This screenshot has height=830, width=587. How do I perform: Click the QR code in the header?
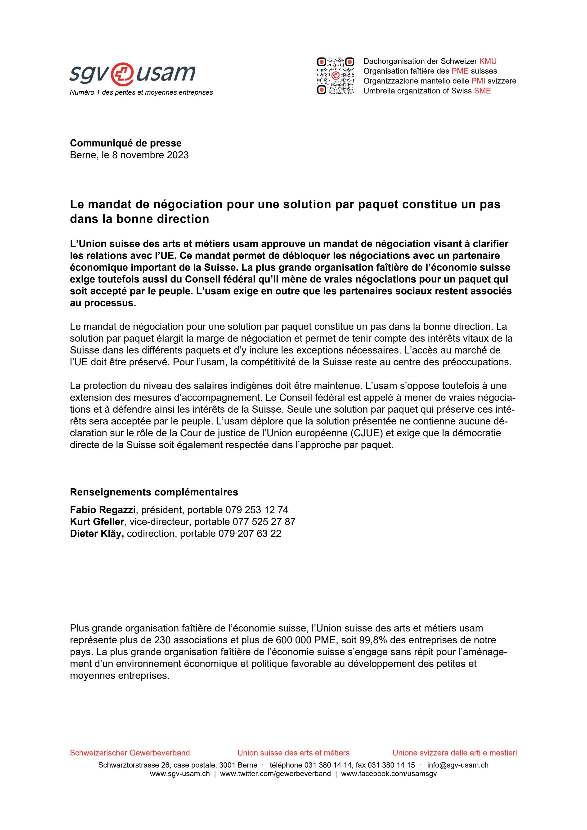click(335, 76)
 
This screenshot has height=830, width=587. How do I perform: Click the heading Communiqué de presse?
click(125, 143)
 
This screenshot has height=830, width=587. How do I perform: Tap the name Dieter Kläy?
click(97, 534)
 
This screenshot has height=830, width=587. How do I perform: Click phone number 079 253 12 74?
click(257, 510)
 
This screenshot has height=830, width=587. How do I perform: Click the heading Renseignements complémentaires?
click(154, 492)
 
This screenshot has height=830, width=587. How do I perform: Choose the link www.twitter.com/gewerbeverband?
click(275, 774)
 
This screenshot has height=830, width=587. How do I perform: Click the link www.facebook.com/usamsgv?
click(389, 774)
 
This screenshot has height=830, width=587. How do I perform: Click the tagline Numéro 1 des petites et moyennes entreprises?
click(141, 93)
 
